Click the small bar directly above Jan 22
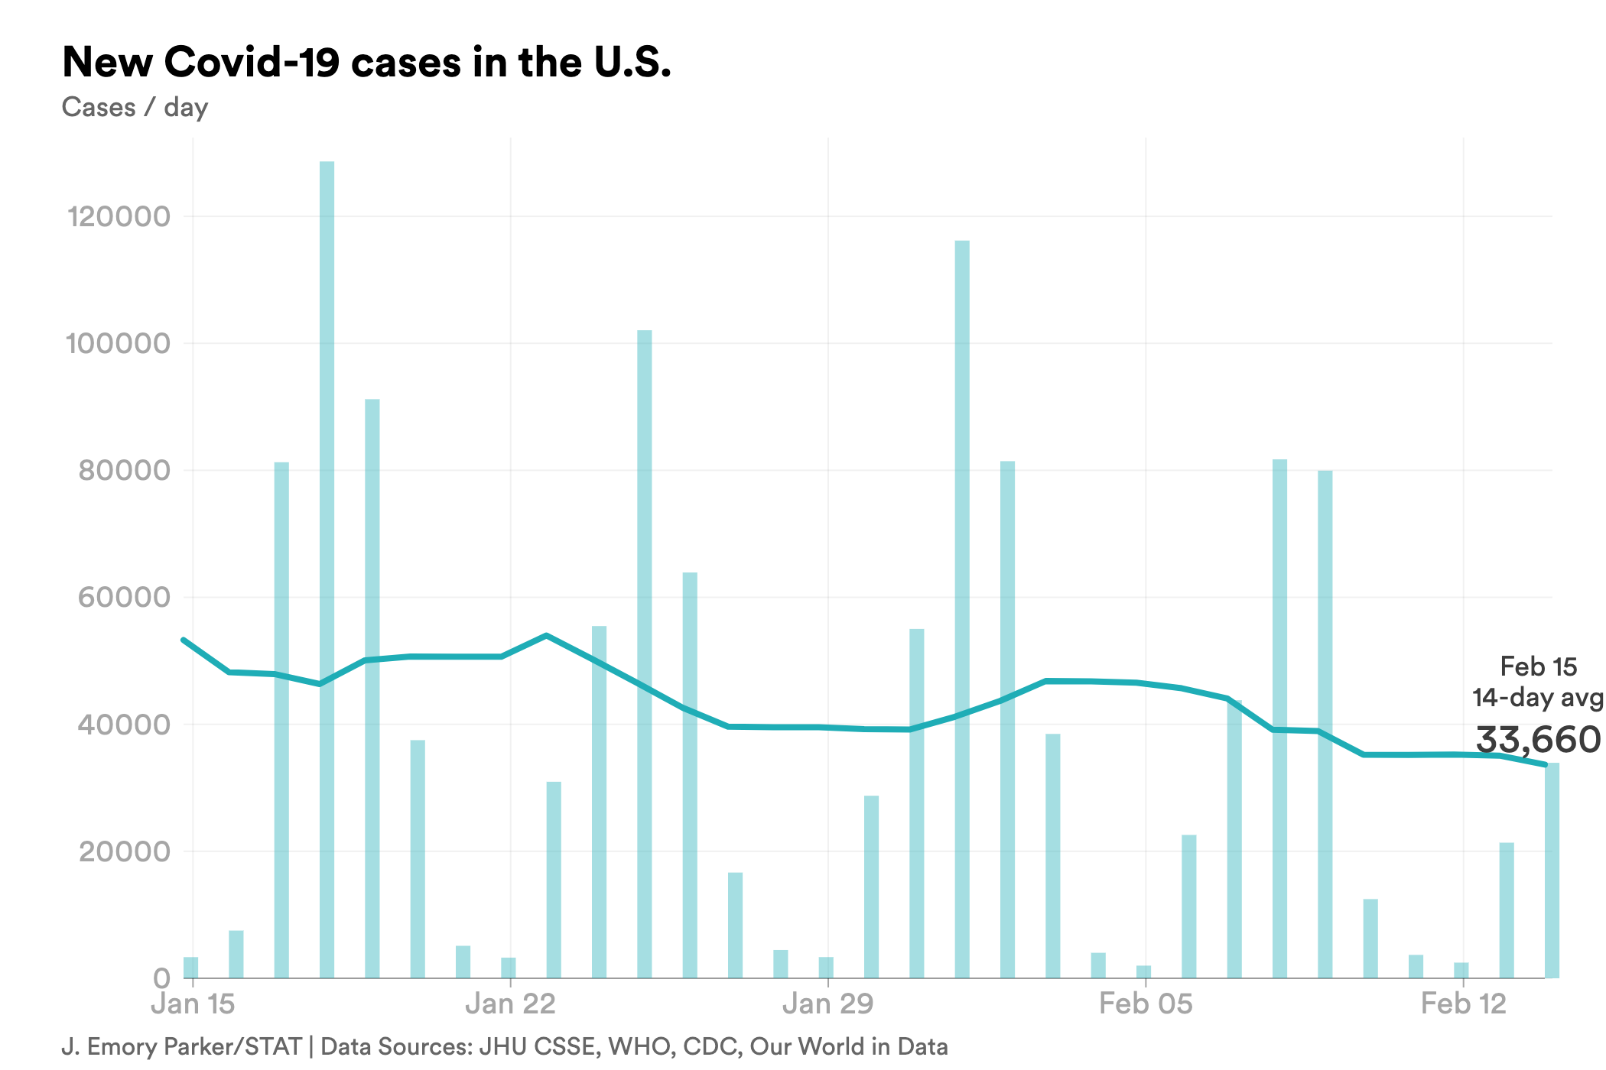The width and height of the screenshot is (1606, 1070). (x=509, y=968)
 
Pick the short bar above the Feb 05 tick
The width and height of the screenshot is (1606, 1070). (x=1143, y=971)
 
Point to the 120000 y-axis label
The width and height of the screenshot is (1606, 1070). (x=119, y=217)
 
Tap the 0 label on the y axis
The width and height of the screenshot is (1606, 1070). (x=161, y=978)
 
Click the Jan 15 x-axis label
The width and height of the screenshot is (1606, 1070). (x=193, y=1004)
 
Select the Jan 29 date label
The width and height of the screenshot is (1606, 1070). (x=827, y=1004)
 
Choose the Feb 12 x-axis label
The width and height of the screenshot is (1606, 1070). (x=1463, y=1004)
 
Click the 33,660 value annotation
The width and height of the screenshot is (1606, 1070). (x=1537, y=740)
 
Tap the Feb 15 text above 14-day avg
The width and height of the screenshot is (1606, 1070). (x=1538, y=666)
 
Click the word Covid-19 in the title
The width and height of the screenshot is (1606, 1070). (x=252, y=63)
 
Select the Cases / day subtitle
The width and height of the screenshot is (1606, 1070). (x=135, y=107)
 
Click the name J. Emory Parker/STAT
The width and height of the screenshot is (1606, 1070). (x=181, y=1046)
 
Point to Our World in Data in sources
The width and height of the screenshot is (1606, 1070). (x=848, y=1046)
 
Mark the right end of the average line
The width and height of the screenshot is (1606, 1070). (x=1546, y=764)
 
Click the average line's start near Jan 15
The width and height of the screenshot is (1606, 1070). (x=184, y=640)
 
